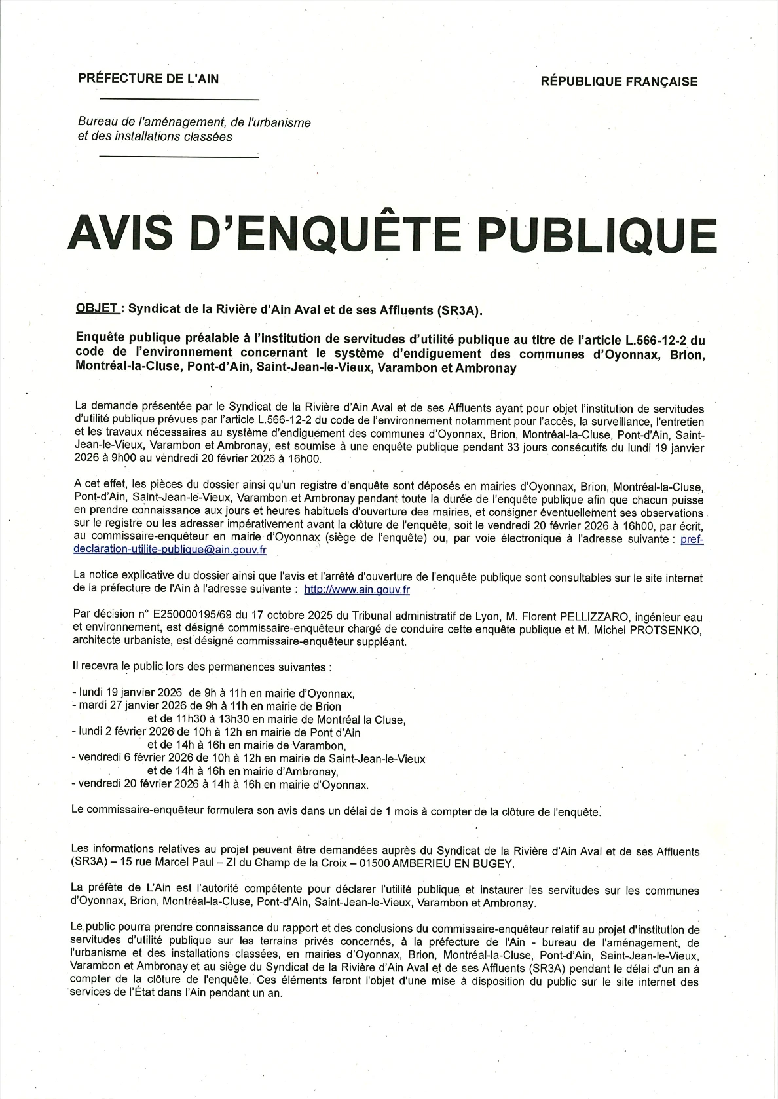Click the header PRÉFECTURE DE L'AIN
tap(148, 79)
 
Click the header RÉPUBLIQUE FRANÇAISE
tap(619, 82)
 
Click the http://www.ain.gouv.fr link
tap(357, 589)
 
